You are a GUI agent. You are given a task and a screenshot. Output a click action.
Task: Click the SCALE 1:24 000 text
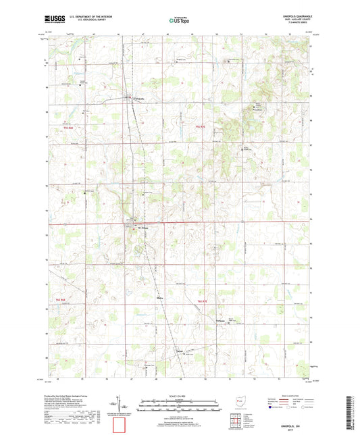[180, 395]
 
